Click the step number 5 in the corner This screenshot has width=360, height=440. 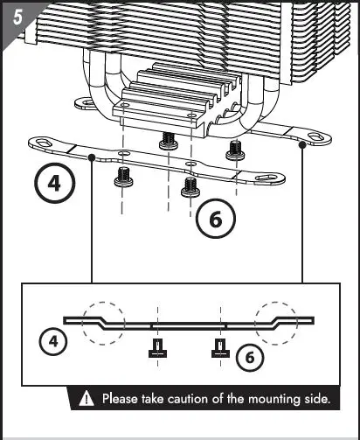coord(13,15)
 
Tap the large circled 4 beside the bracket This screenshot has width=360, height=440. coord(55,185)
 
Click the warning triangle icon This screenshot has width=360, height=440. coord(87,399)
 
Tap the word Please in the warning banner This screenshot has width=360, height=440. coord(121,399)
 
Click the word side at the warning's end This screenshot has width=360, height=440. coord(317,399)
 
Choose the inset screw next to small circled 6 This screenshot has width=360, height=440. coord(217,351)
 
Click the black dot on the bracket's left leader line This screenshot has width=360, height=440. coord(92,157)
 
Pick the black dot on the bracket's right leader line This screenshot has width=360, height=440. coord(302,146)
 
